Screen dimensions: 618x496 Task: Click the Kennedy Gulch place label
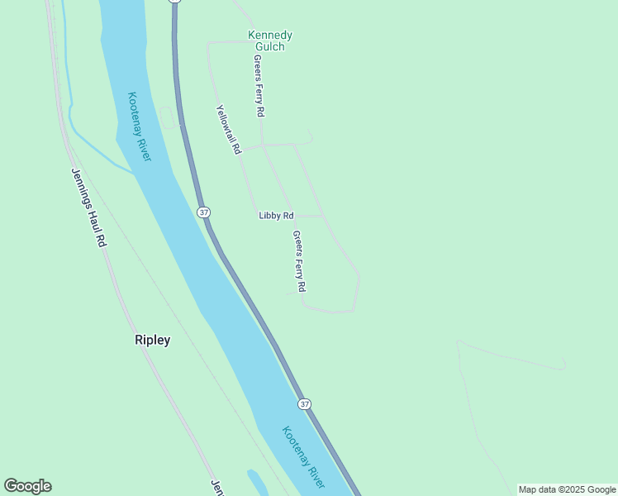pyautogui.click(x=270, y=41)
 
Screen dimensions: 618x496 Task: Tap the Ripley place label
pyautogui.click(x=152, y=340)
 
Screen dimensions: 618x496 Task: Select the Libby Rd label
pyautogui.click(x=276, y=216)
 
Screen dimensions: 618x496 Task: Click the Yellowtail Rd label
pyautogui.click(x=228, y=129)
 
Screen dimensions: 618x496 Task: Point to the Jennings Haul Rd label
pyautogui.click(x=88, y=207)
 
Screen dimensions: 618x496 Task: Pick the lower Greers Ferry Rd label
pyautogui.click(x=299, y=261)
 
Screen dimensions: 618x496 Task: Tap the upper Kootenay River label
pyautogui.click(x=140, y=126)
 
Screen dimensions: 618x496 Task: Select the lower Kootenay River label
pyautogui.click(x=302, y=457)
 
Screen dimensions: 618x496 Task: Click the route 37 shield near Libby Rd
pyautogui.click(x=204, y=212)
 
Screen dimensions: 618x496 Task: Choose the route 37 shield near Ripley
pyautogui.click(x=305, y=403)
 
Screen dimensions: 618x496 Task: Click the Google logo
pyautogui.click(x=27, y=486)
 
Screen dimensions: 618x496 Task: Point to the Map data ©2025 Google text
pyautogui.click(x=567, y=489)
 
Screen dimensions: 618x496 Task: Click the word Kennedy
pyautogui.click(x=270, y=36)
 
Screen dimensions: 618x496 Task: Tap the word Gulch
pyautogui.click(x=270, y=46)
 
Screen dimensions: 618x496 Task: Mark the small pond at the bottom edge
pyautogui.click(x=257, y=483)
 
